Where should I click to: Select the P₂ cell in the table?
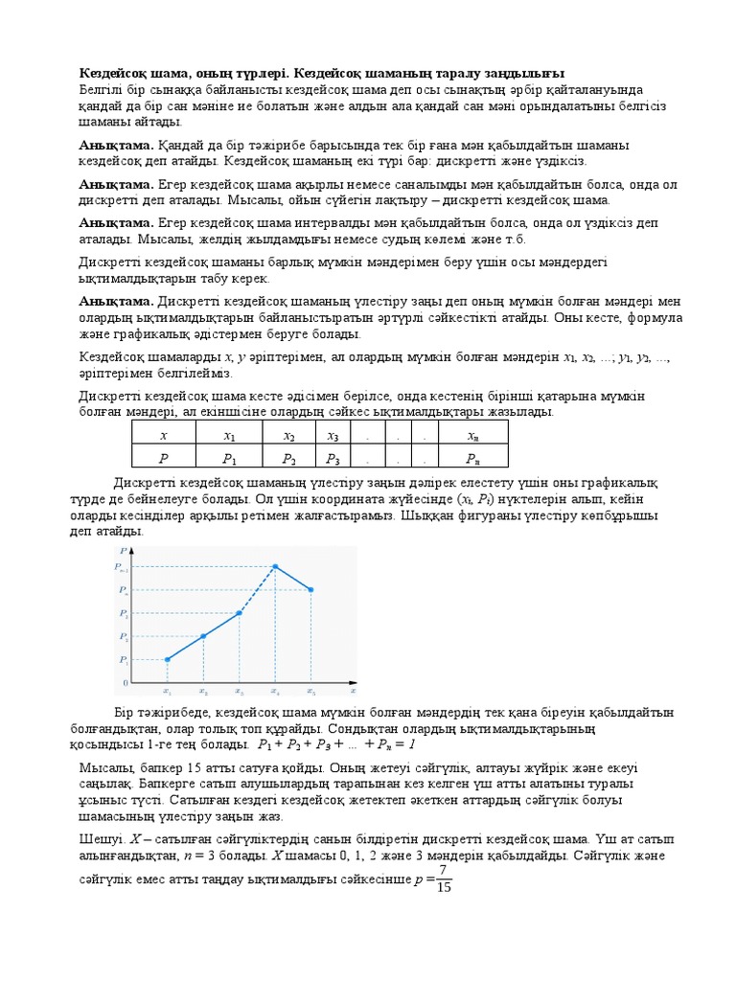pos(288,457)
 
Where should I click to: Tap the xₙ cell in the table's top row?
pos(472,434)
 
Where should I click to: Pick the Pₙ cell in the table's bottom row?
pos(472,457)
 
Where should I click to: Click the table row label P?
pos(163,457)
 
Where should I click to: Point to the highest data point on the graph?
pos(276,567)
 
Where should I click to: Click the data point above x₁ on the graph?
pos(168,659)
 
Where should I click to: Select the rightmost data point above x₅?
pos(311,590)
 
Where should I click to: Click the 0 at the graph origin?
pos(124,682)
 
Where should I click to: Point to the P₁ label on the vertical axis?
pos(124,660)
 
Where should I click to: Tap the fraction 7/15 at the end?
pos(443,878)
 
